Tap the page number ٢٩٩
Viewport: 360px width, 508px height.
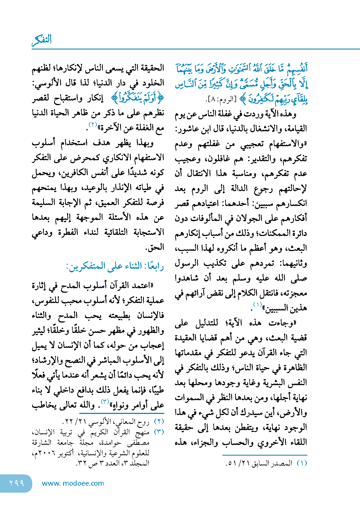point(17,483)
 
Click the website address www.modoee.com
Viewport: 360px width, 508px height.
point(73,483)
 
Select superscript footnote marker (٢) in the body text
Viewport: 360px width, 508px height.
point(93,124)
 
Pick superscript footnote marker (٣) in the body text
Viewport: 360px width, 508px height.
point(105,402)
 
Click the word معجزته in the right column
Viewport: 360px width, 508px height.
point(295,293)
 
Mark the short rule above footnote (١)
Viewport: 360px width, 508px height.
point(265,455)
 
